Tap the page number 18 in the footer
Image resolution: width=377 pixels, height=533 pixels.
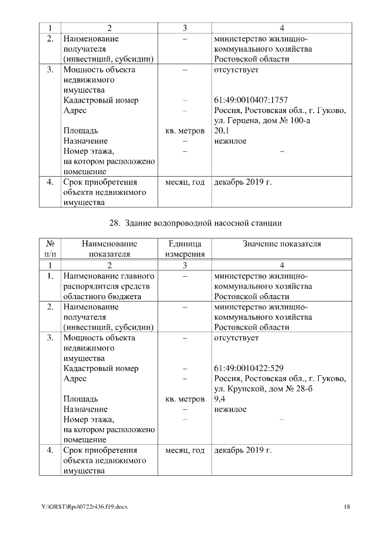tap(348, 507)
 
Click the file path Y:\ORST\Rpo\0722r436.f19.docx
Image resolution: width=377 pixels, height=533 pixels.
tap(84, 507)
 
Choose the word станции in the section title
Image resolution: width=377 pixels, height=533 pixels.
tap(267, 223)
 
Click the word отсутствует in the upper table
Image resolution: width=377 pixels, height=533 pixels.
tap(236, 69)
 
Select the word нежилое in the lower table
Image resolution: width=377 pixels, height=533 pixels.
tap(230, 409)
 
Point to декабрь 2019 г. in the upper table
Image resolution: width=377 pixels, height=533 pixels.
tap(243, 182)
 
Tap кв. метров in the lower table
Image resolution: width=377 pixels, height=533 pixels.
tap(185, 399)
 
